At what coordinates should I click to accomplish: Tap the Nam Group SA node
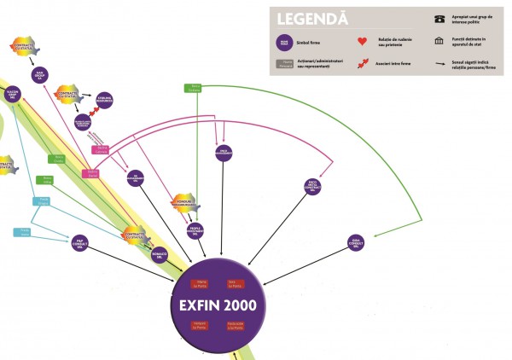tap(39, 77)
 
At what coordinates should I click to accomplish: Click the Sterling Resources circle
tap(105, 101)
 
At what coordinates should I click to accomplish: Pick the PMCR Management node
tap(223, 152)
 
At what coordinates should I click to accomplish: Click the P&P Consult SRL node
tap(79, 242)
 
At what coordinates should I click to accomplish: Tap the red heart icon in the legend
tap(362, 40)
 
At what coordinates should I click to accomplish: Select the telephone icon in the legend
tap(439, 18)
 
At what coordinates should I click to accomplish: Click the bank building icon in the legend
tap(439, 40)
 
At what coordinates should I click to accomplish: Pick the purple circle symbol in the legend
tap(283, 38)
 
